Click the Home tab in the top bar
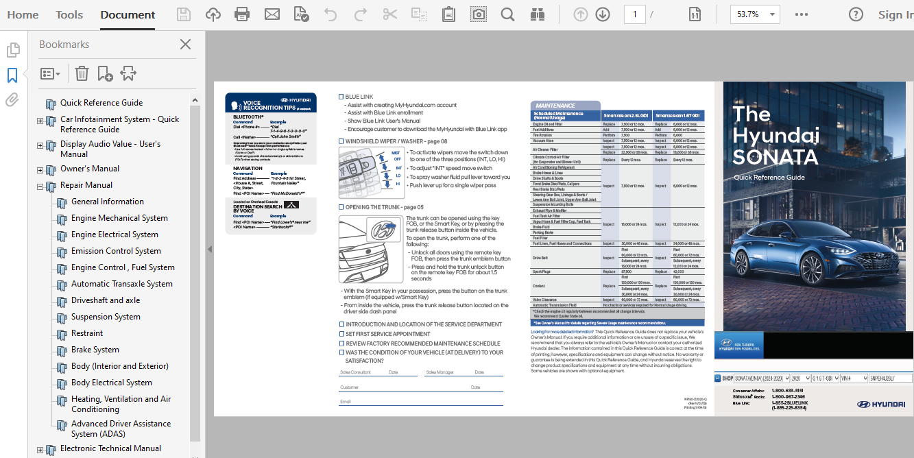(23, 14)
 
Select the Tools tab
(69, 14)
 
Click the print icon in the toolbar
(242, 14)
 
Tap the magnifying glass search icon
(507, 14)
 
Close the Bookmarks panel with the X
(185, 45)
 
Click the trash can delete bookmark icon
(82, 73)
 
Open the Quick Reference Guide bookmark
(101, 103)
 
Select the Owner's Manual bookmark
(90, 169)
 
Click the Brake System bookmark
(95, 350)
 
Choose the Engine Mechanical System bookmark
(119, 218)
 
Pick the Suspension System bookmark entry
(106, 317)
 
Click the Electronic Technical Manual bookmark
(110, 448)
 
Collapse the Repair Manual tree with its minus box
(40, 186)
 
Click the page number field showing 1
(634, 14)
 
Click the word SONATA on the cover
(775, 158)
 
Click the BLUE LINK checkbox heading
(359, 97)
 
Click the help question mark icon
(856, 14)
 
